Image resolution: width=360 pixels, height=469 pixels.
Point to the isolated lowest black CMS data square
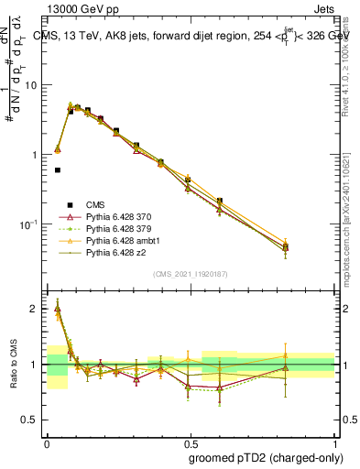[x=58, y=169]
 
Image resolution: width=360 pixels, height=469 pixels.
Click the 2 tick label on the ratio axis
[x=38, y=309]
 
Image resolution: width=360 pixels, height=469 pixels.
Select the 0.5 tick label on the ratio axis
[x=33, y=420]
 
